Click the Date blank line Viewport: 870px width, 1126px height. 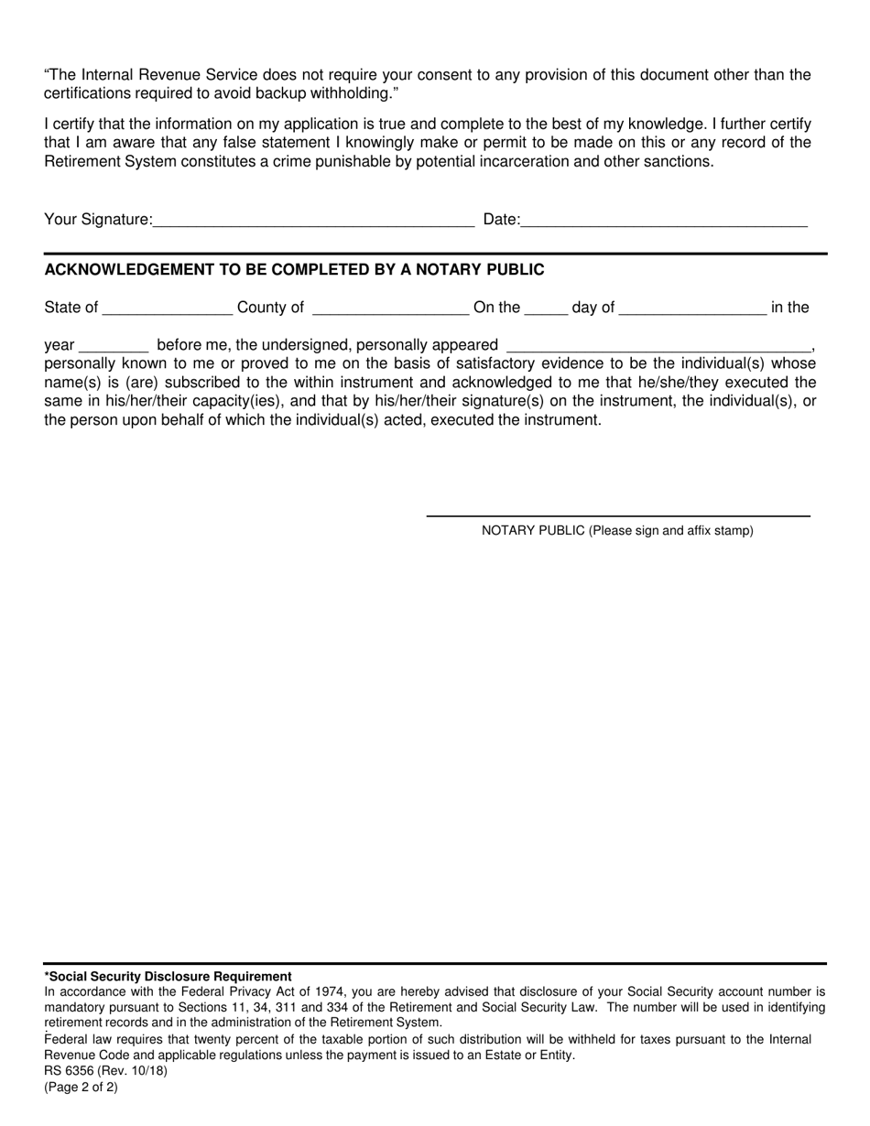coord(664,220)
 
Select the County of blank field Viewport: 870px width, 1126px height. coord(390,309)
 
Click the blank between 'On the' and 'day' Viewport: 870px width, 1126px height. coord(546,309)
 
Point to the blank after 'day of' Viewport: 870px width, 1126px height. coord(692,309)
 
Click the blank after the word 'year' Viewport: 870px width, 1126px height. coord(114,346)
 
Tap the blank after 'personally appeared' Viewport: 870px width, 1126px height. coord(658,346)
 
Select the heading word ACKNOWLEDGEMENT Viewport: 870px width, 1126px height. coord(127,270)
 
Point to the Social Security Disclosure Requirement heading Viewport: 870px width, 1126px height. coord(169,977)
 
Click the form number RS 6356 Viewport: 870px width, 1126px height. coord(70,1070)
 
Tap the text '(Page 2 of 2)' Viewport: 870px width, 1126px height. coord(82,1088)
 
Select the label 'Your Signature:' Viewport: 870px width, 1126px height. coord(99,220)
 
